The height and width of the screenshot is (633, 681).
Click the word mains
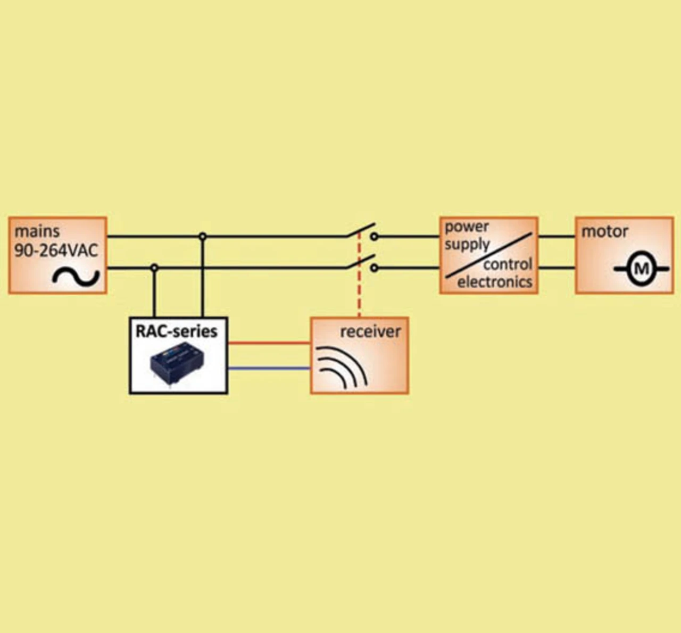click(x=37, y=231)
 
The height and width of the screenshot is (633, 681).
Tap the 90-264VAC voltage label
click(x=56, y=251)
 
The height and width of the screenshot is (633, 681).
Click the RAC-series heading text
click(x=177, y=331)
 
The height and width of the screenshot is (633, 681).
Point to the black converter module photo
click(x=177, y=365)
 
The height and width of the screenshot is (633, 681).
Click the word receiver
click(x=370, y=331)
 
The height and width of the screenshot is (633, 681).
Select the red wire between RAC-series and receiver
click(x=269, y=343)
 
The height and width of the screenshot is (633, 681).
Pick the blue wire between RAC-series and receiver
click(x=269, y=369)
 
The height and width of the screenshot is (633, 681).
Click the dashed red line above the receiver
click(x=359, y=274)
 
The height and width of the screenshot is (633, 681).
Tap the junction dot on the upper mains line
click(x=203, y=236)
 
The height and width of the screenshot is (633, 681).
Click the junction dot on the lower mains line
click(x=154, y=268)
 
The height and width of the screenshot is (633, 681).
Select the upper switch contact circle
click(x=375, y=236)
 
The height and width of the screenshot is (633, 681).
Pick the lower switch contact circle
click(x=375, y=268)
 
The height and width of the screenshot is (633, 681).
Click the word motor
click(x=604, y=232)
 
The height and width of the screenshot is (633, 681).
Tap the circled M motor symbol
click(x=641, y=269)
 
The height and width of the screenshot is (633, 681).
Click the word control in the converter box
click(x=508, y=264)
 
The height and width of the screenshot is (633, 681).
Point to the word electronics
click(x=495, y=282)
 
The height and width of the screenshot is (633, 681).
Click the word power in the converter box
click(x=467, y=227)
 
